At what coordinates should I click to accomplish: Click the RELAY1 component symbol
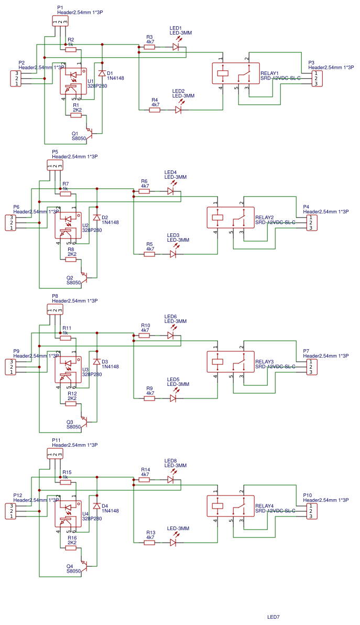pyautogui.click(x=235, y=73)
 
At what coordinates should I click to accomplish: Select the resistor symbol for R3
pyautogui.click(x=149, y=47)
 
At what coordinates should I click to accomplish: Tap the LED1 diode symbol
pyautogui.click(x=176, y=47)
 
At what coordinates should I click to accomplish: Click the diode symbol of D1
pyautogui.click(x=102, y=73)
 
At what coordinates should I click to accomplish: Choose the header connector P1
pyautogui.click(x=60, y=21)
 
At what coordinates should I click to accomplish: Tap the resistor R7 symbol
pyautogui.click(x=66, y=194)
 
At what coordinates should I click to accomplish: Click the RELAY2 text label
pyautogui.click(x=265, y=218)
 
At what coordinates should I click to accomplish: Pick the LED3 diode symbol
pyautogui.click(x=173, y=254)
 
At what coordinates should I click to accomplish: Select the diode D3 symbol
pyautogui.click(x=96, y=362)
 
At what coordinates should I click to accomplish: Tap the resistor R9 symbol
pyautogui.click(x=149, y=398)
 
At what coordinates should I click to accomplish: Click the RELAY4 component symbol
pyautogui.click(x=230, y=507)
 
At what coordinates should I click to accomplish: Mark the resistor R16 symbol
pyautogui.click(x=71, y=548)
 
